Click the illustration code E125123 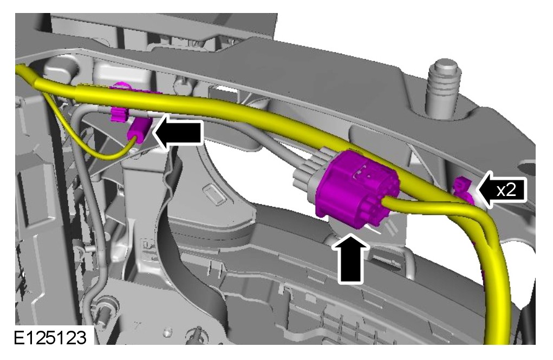click(50, 338)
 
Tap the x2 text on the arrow click(506, 191)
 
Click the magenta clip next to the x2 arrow click(464, 191)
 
